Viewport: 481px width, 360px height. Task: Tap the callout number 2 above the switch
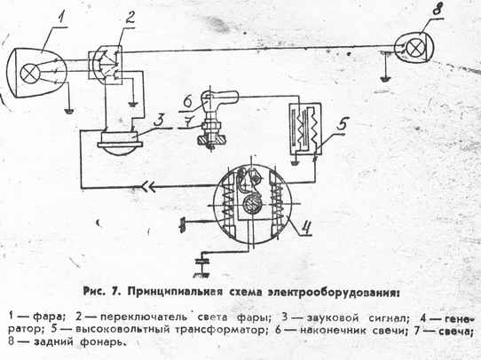130,18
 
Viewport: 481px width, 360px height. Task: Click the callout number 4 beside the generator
305,227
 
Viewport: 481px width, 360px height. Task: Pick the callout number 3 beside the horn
160,121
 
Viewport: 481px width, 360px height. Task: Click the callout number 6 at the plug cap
190,101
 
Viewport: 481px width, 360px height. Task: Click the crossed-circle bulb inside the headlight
30,74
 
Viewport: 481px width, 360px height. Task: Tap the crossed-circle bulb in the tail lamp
415,49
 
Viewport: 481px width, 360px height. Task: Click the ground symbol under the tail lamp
385,79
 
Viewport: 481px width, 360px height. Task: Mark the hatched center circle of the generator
251,204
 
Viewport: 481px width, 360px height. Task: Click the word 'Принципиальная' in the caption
175,292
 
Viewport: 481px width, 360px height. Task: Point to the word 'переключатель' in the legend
145,317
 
